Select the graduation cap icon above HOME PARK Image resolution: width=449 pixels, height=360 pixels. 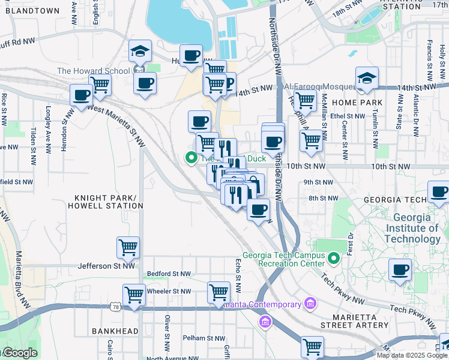[x=367, y=78]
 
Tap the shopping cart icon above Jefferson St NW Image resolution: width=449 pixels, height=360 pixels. [x=128, y=247]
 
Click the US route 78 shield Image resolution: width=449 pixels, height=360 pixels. [x=114, y=307]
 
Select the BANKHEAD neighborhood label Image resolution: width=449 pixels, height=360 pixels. [x=115, y=331]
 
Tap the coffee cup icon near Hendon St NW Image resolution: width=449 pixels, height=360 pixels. [x=81, y=95]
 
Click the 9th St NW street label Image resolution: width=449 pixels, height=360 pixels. [x=319, y=182]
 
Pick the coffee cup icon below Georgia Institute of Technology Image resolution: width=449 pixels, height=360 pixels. [x=400, y=269]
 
